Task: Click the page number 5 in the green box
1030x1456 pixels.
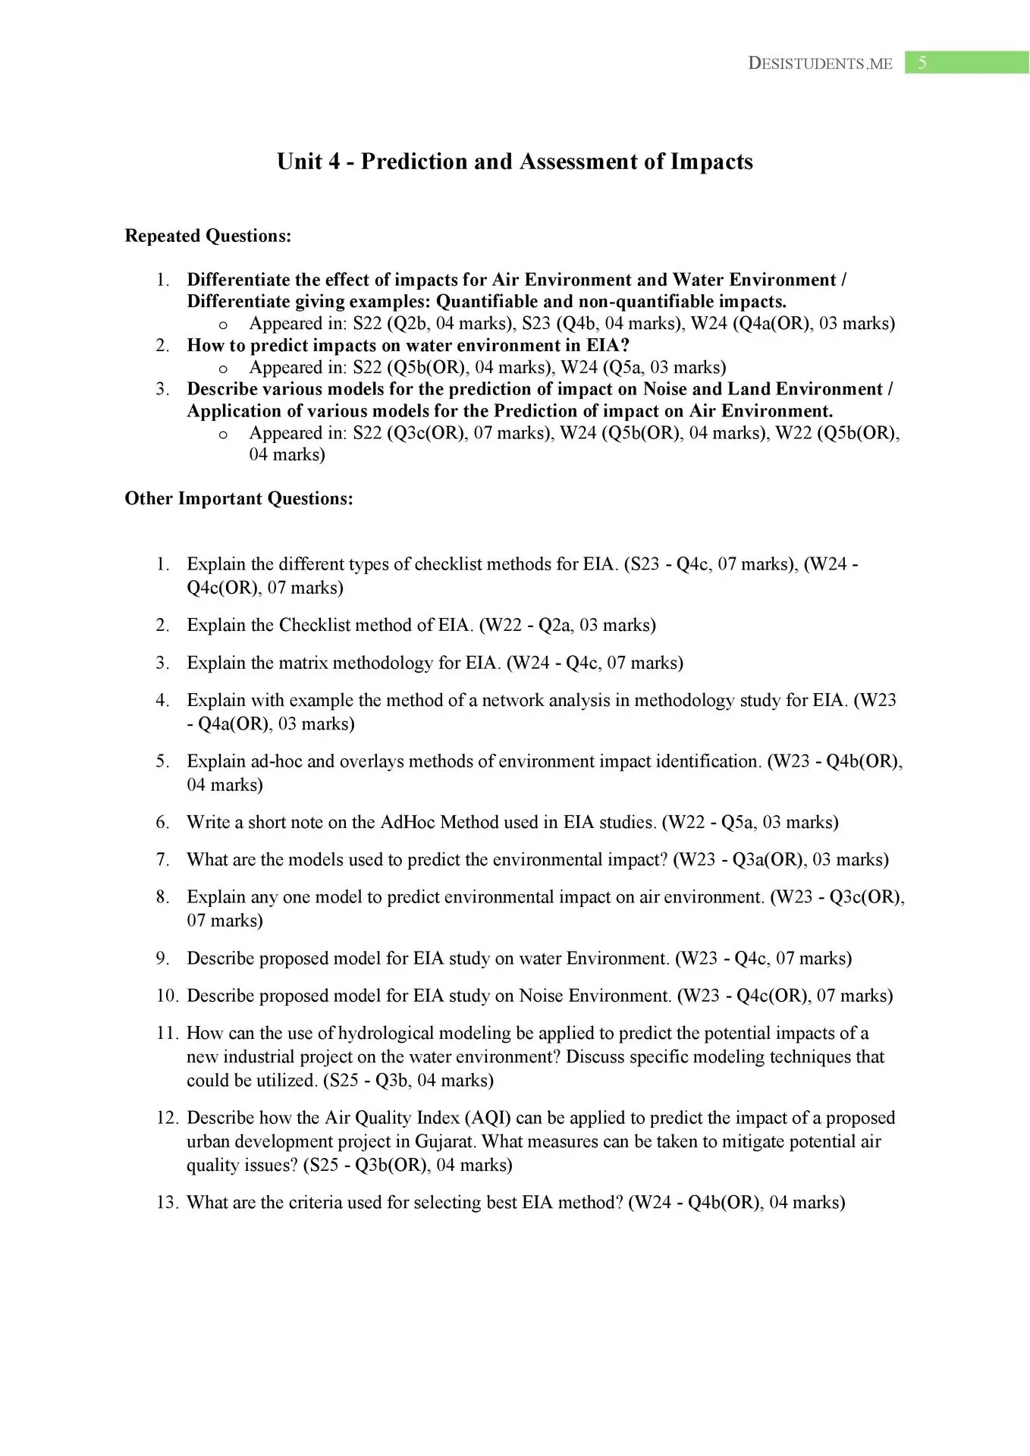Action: (922, 63)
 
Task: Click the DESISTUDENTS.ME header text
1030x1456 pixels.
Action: (820, 64)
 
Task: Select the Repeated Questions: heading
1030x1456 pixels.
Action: (208, 236)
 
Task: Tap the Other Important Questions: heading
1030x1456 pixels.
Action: (239, 498)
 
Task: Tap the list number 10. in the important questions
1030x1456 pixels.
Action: (167, 996)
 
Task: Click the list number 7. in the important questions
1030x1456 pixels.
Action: (162, 860)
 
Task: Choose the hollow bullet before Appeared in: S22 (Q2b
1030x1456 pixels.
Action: (223, 325)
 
